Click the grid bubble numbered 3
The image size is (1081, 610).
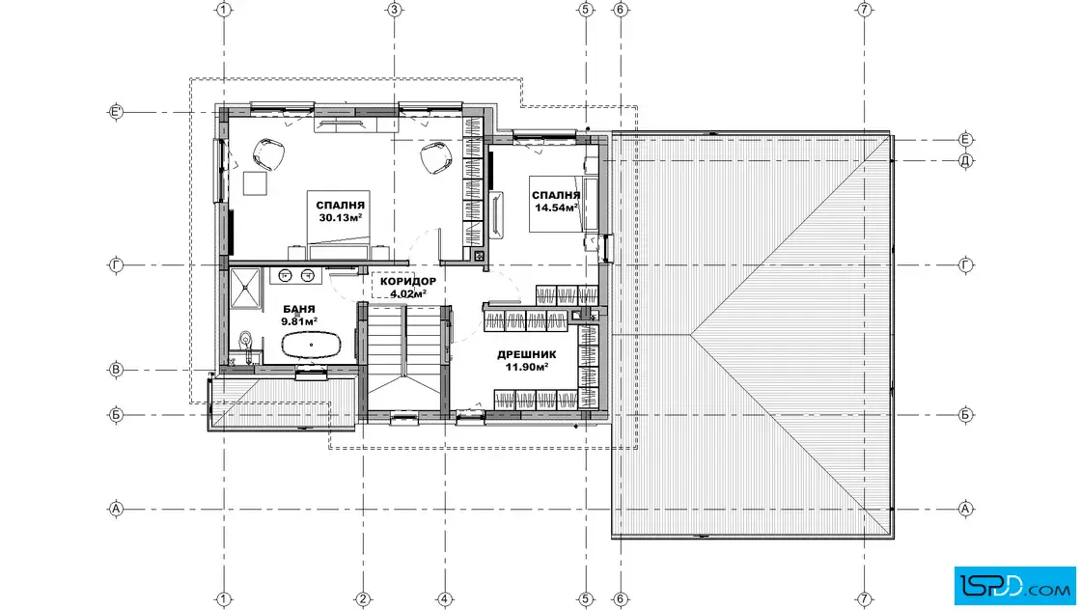click(x=395, y=10)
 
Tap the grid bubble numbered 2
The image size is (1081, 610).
click(x=363, y=599)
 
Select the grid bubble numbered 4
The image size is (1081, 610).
click(x=445, y=599)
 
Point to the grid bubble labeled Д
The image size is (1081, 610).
click(x=965, y=160)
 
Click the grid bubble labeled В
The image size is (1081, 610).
click(x=116, y=370)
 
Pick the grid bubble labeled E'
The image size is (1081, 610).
click(x=116, y=112)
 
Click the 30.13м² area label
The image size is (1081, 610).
click(x=341, y=218)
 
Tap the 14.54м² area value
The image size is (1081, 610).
click(x=556, y=207)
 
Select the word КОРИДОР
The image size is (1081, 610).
click(x=408, y=281)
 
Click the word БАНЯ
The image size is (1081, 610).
click(x=298, y=310)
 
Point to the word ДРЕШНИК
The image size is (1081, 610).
click(x=527, y=355)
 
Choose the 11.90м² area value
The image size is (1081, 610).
click(x=527, y=367)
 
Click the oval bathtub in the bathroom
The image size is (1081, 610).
click(x=312, y=345)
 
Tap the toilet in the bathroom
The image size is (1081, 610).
click(x=245, y=341)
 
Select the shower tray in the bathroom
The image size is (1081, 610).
click(x=245, y=287)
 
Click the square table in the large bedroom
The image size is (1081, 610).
click(x=255, y=183)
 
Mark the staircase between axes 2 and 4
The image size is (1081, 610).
click(x=404, y=357)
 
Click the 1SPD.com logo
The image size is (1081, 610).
click(x=1014, y=585)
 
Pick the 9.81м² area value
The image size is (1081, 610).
click(x=299, y=321)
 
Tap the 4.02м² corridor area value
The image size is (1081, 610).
click(x=408, y=293)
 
